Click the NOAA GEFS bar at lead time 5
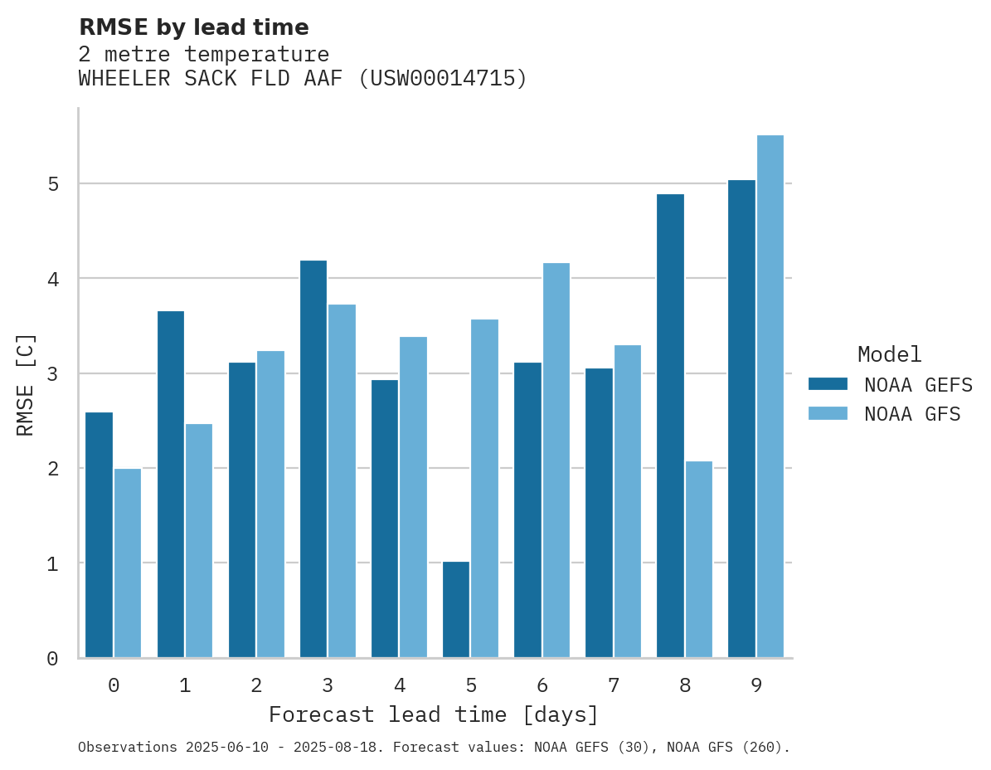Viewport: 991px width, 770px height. click(456, 610)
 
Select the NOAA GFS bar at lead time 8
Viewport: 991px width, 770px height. click(699, 559)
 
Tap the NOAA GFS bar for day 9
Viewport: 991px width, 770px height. click(770, 397)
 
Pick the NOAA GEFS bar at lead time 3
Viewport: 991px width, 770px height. click(313, 459)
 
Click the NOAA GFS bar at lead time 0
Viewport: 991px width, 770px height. click(128, 563)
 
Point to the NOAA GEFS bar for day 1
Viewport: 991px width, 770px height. click(171, 485)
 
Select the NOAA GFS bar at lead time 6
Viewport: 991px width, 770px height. click(556, 461)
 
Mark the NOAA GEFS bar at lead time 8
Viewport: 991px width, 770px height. click(670, 426)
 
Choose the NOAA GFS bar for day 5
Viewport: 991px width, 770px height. click(485, 489)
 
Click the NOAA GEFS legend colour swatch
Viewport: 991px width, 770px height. click(828, 384)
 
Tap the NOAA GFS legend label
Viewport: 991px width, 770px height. click(912, 414)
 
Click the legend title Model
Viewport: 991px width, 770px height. click(889, 355)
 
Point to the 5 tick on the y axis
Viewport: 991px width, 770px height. click(53, 183)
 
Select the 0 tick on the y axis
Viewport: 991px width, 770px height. click(53, 659)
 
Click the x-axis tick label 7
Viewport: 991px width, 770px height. click(614, 686)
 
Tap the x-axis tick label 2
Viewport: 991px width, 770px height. click(256, 686)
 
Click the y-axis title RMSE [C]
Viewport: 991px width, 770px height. click(26, 385)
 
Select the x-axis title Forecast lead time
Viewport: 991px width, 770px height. click(433, 715)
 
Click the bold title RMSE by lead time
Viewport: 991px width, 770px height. click(193, 27)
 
